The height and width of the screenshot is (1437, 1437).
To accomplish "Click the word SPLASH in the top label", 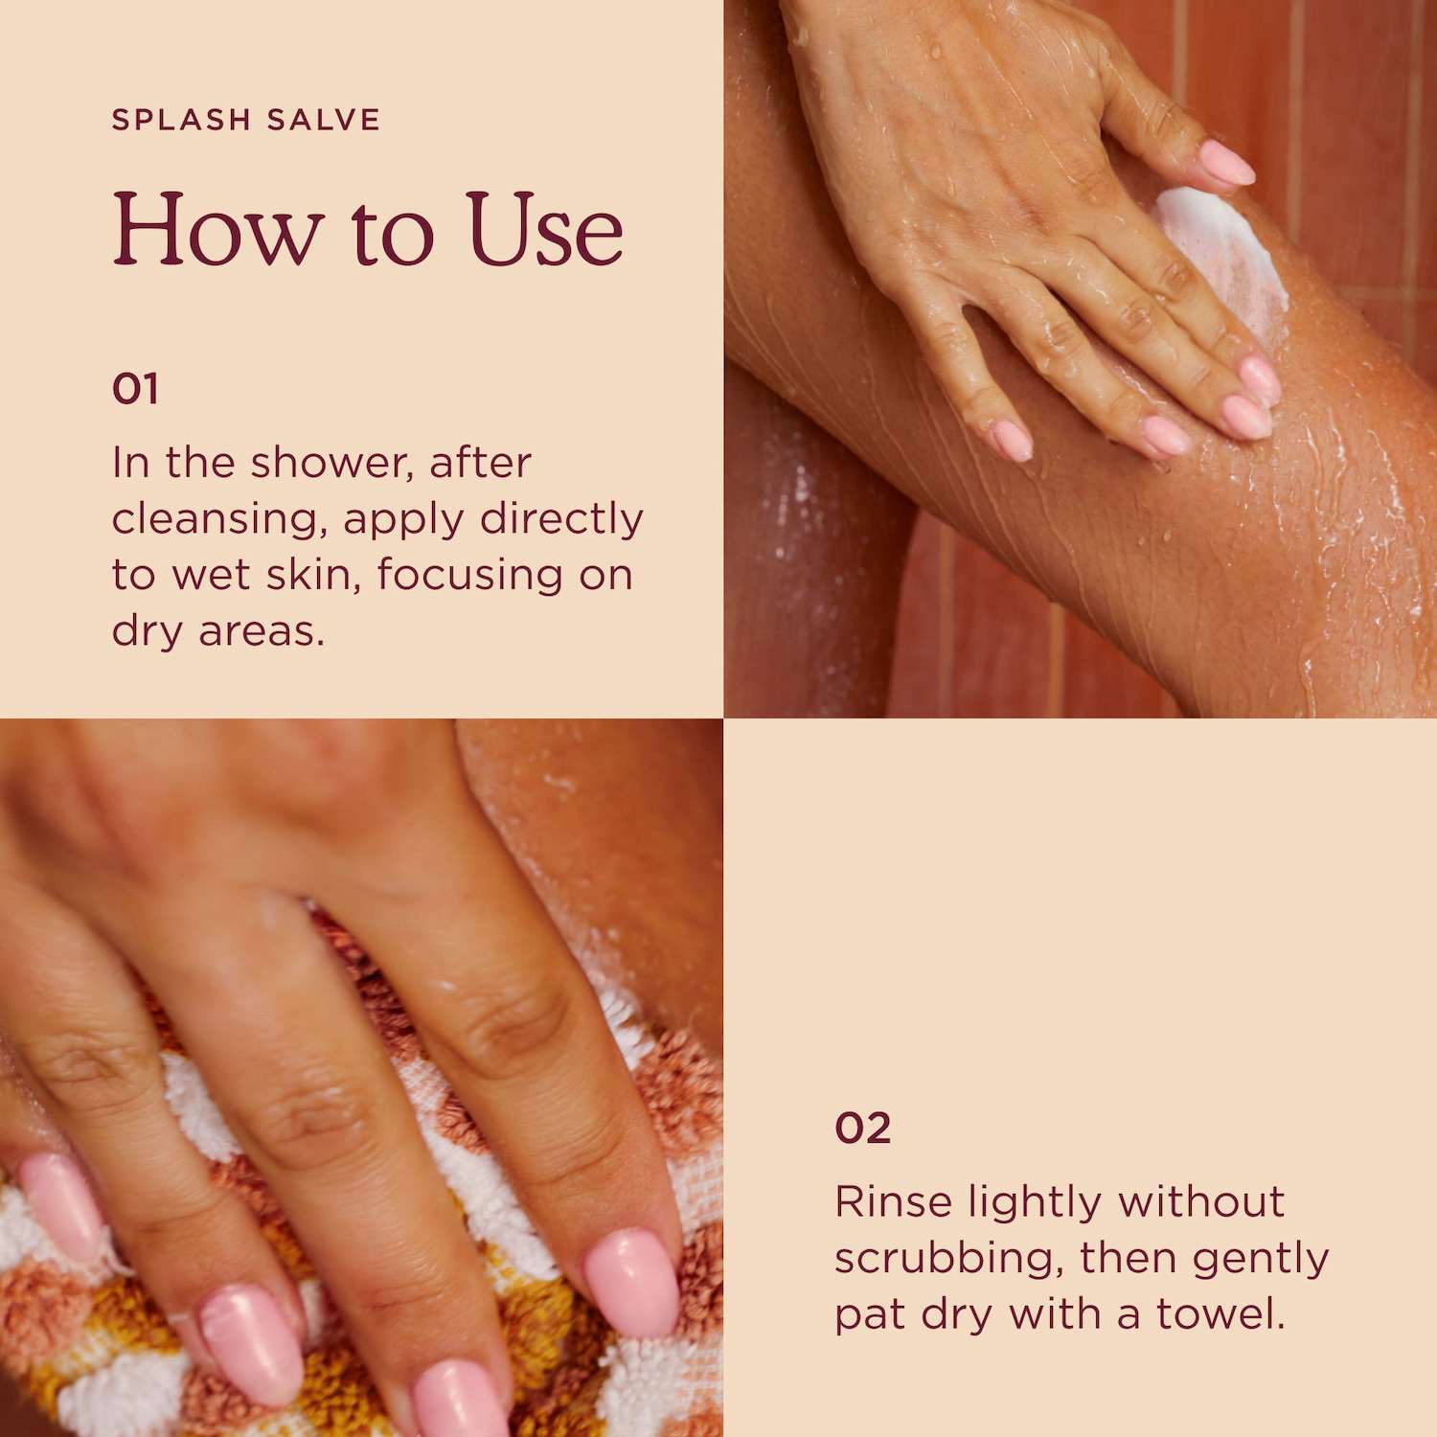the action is tap(182, 120).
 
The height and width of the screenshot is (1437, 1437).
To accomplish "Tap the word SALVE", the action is tap(324, 120).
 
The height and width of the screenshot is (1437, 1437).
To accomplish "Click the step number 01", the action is tap(135, 389).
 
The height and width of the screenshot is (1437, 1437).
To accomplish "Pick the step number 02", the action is tap(863, 1129).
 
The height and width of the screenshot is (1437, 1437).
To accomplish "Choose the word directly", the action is tap(561, 519).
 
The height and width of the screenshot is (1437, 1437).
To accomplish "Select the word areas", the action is tap(262, 632).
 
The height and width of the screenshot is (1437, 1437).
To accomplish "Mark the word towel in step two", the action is tap(1220, 1314).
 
